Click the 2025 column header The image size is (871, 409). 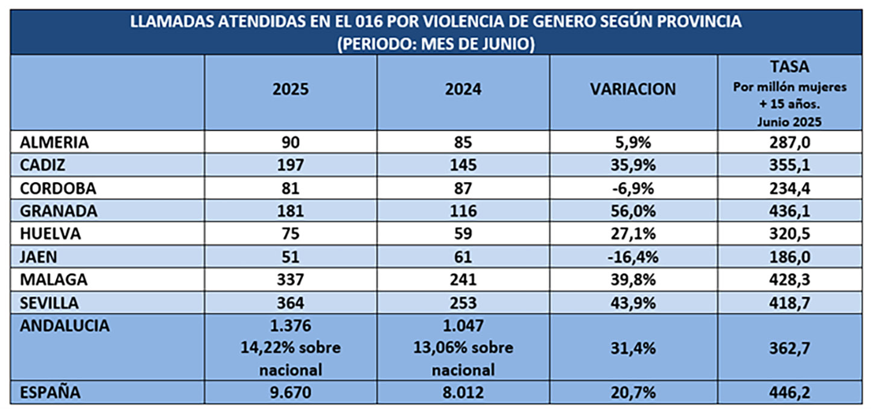click(290, 89)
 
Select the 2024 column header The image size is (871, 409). click(463, 89)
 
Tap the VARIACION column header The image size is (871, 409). click(633, 89)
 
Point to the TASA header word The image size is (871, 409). click(789, 67)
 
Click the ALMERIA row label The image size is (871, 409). click(55, 142)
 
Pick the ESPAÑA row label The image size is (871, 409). click(51, 393)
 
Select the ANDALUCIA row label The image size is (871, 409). click(65, 326)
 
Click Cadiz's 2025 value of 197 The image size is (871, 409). click(290, 165)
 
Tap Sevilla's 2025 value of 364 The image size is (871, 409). click(290, 303)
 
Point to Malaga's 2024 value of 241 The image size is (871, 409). click(463, 280)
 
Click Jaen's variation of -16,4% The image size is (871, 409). click(633, 257)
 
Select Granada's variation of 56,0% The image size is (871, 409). click(633, 211)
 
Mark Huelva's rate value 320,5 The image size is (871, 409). click(789, 234)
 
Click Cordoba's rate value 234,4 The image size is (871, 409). click(789, 188)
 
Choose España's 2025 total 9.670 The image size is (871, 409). click(290, 393)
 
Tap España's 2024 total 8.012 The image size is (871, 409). click(463, 393)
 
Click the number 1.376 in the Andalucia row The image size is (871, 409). click(290, 326)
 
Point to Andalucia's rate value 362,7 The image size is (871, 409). click(789, 349)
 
